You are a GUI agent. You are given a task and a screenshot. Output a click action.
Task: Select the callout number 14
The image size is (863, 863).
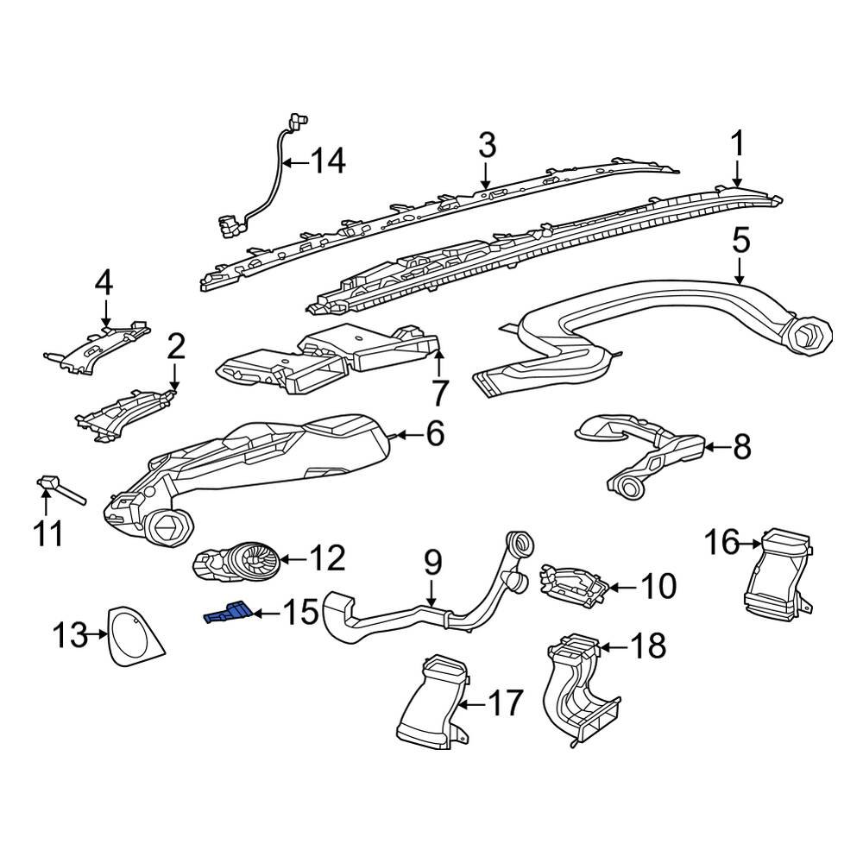(327, 161)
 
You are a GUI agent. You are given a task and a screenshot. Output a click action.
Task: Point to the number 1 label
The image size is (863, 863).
(738, 142)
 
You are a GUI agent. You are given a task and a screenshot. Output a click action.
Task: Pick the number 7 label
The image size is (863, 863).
(440, 394)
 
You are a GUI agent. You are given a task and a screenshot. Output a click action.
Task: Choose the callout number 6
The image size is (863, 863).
(434, 433)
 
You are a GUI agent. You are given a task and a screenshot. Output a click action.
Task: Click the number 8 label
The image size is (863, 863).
(741, 447)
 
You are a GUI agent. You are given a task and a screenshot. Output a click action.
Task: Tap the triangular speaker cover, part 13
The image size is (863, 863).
(135, 637)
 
